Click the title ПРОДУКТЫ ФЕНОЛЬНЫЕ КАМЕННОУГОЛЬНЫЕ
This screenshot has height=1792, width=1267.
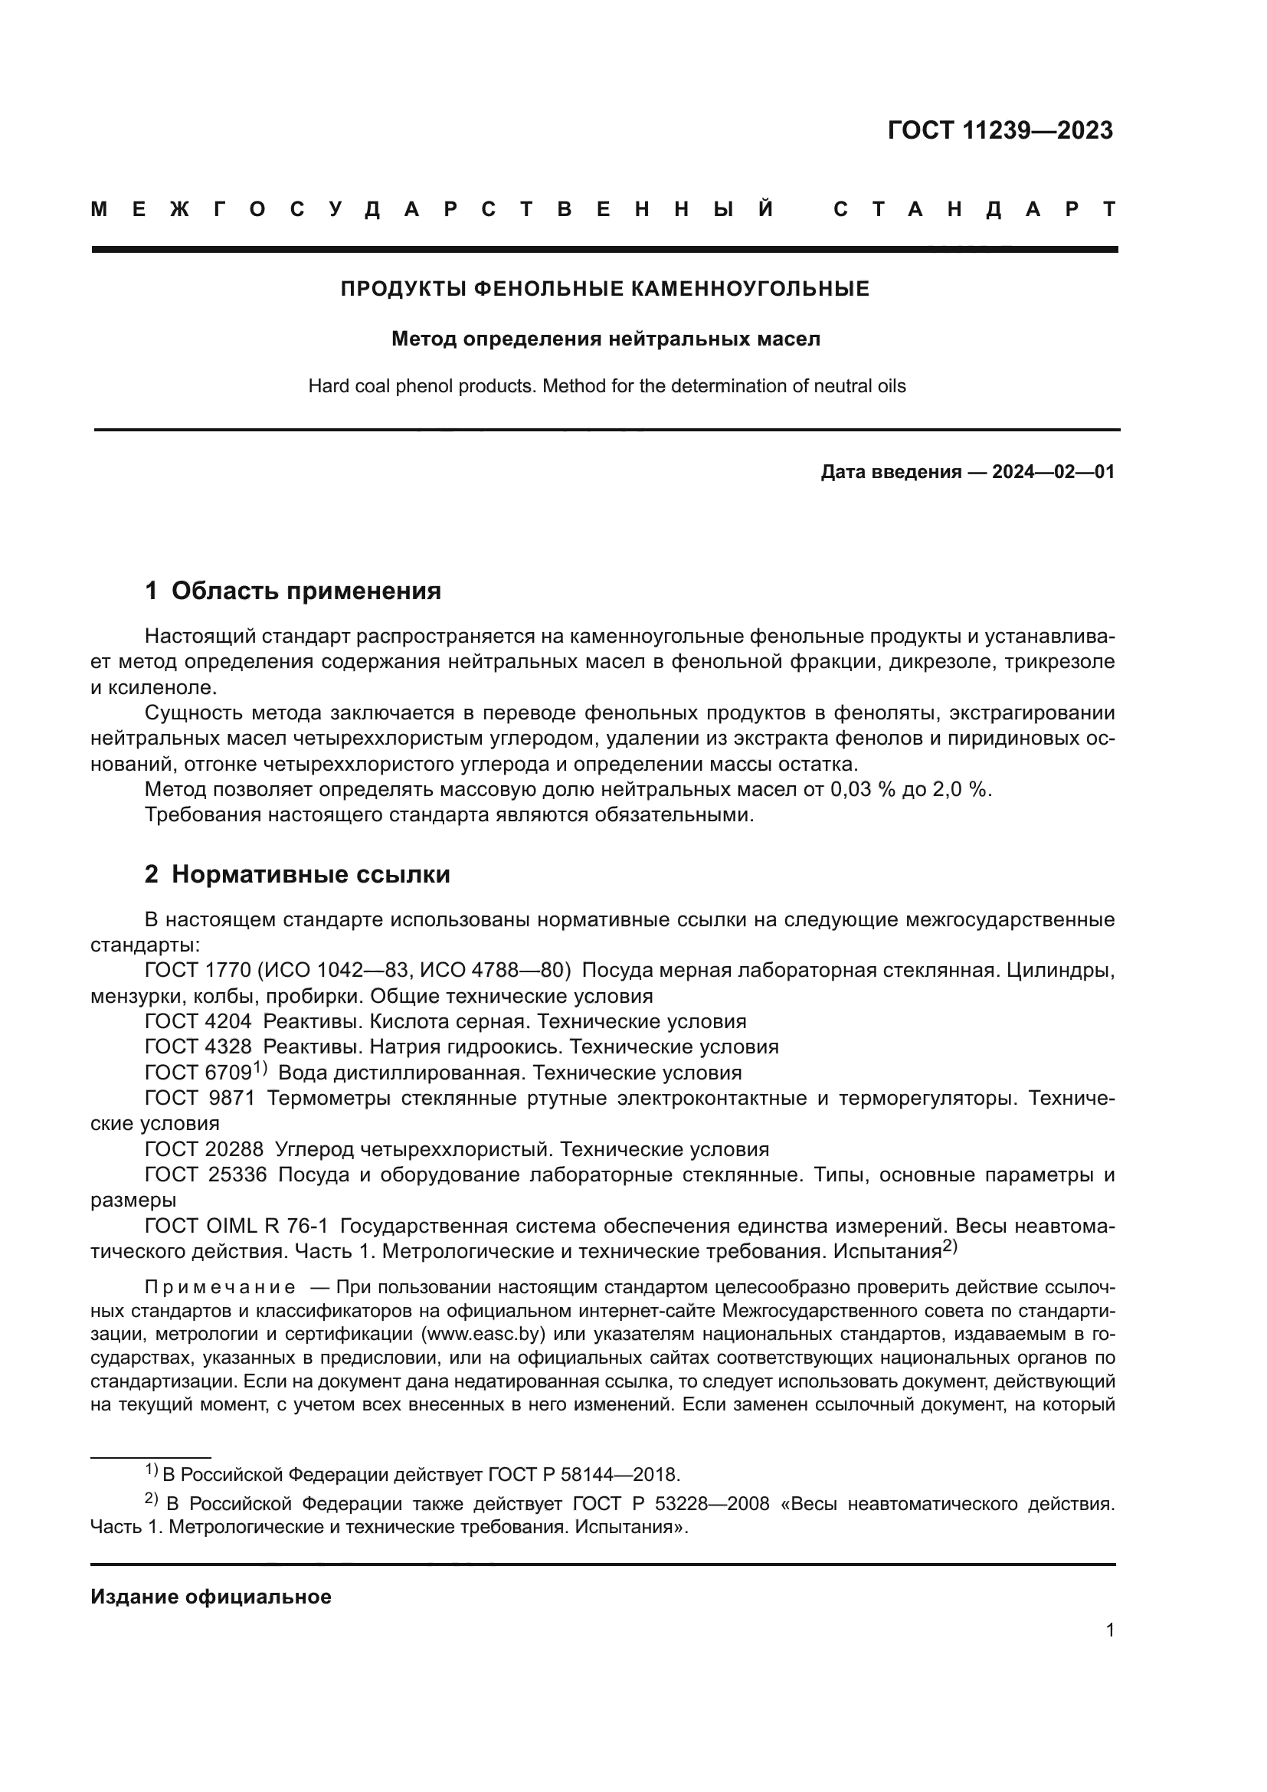pyautogui.click(x=604, y=290)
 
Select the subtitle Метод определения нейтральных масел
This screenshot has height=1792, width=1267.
pyautogui.click(x=605, y=339)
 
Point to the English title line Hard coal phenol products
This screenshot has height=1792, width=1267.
pyautogui.click(x=606, y=386)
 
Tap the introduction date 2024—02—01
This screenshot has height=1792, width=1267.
pyautogui.click(x=1053, y=472)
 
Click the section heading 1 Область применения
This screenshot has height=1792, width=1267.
pyautogui.click(x=293, y=591)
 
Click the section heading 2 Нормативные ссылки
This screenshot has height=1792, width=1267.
pyautogui.click(x=297, y=875)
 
